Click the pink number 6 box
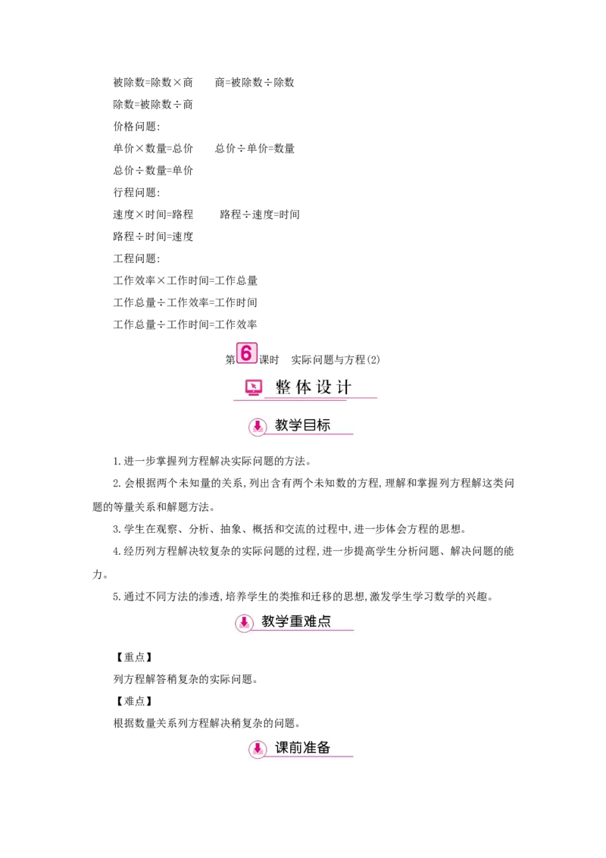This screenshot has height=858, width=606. coord(246,352)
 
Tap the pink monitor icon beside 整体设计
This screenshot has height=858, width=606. coord(254,387)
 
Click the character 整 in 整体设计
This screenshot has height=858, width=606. coord(283,387)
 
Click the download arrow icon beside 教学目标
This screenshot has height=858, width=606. coord(258,427)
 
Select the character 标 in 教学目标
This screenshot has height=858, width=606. coord(323,425)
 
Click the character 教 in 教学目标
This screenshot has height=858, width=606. coord(282,425)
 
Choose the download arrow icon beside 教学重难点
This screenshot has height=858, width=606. coord(244,622)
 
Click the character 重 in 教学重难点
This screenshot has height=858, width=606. coord(296,622)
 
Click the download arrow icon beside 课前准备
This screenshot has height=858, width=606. coord(258,749)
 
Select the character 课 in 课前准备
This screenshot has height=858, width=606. coord(282,747)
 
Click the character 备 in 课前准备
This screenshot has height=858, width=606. coord(323,747)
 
